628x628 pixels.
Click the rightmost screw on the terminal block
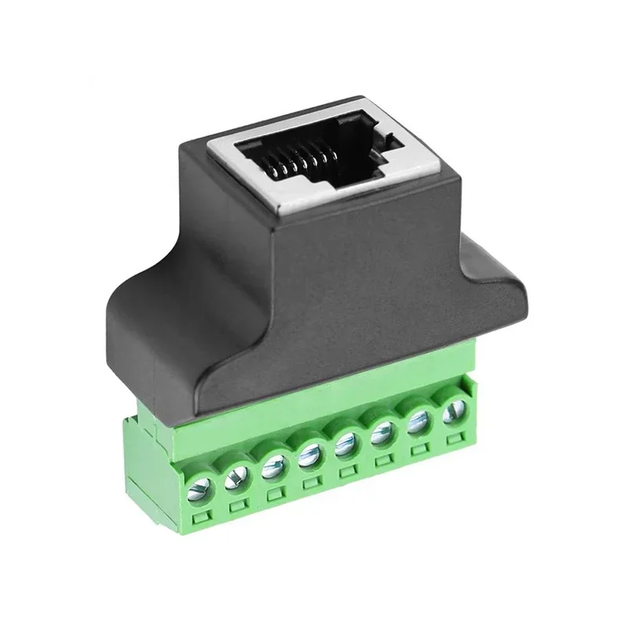pyautogui.click(x=453, y=410)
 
